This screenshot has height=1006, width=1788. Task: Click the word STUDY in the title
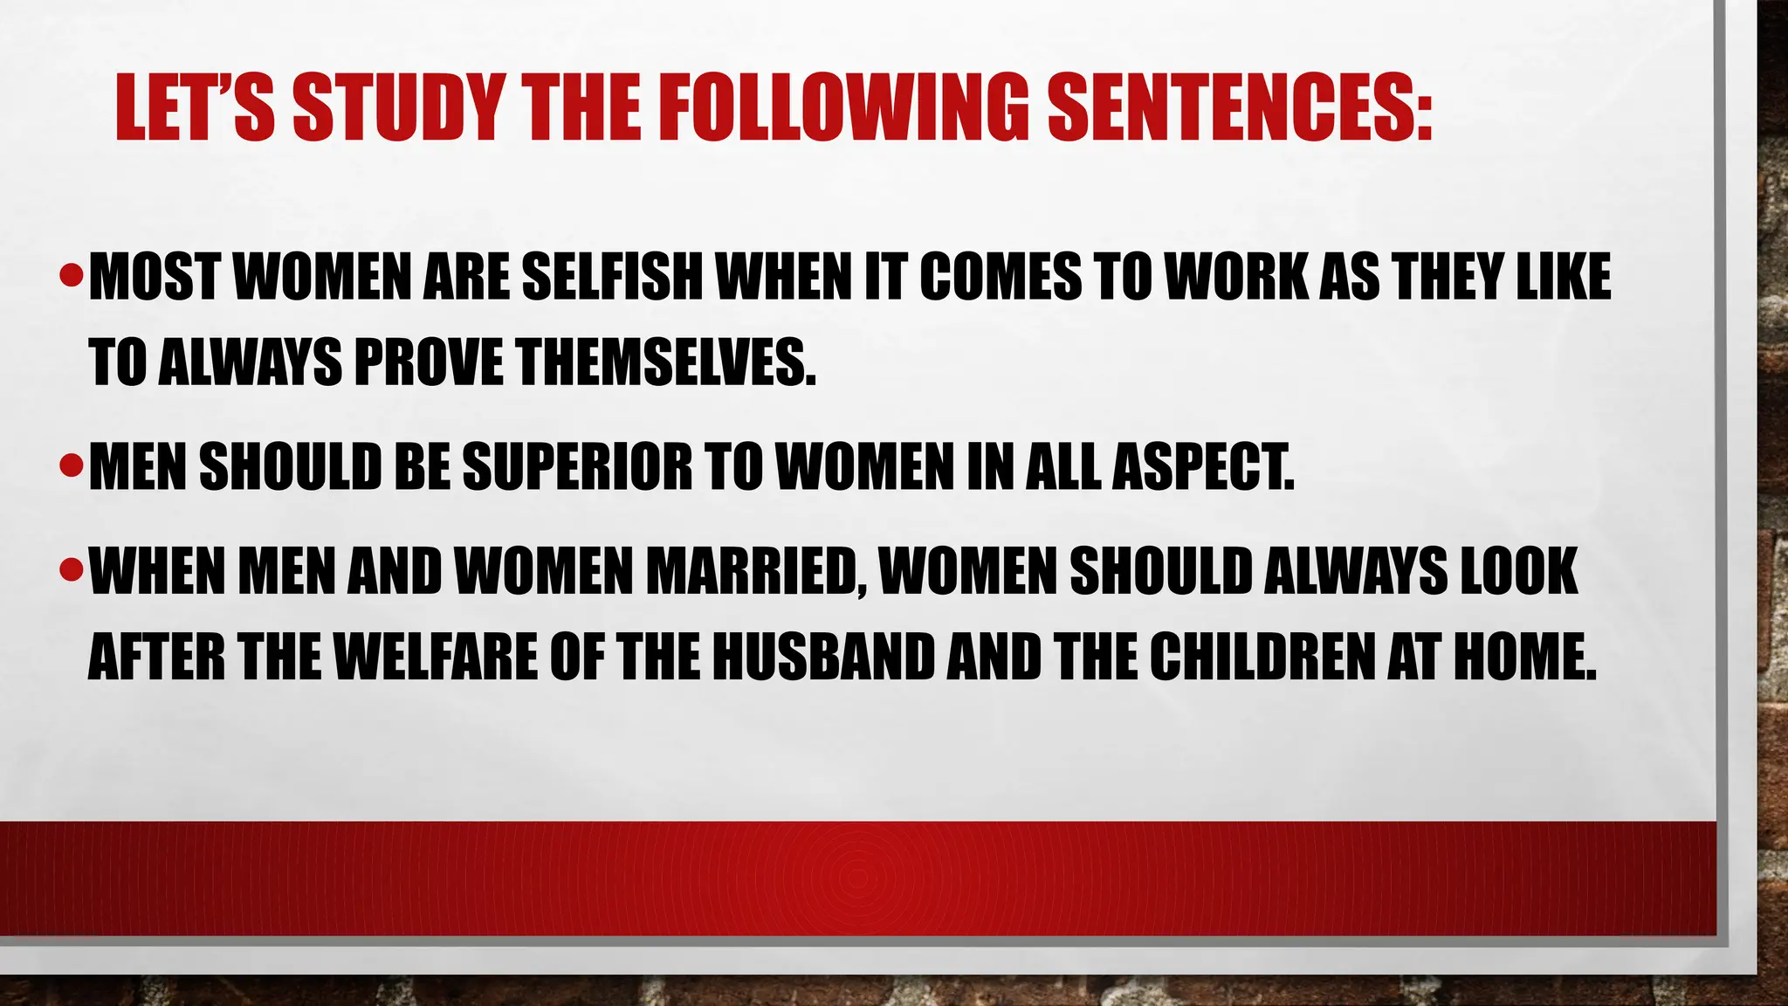coord(398,108)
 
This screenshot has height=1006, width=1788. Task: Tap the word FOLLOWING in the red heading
coord(842,108)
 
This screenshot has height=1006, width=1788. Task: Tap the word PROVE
coord(429,363)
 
